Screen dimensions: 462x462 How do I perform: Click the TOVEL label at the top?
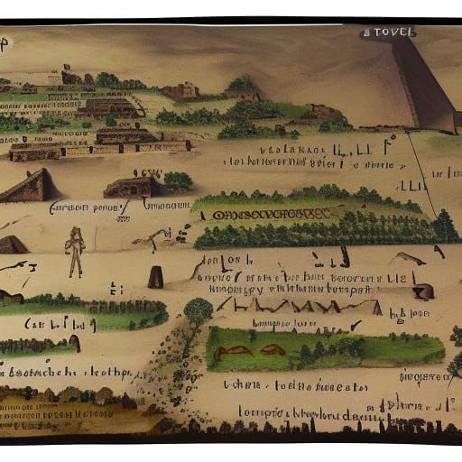coord(389,32)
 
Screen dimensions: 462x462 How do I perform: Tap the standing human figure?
coord(76,251)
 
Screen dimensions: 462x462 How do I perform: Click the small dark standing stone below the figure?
coord(155,276)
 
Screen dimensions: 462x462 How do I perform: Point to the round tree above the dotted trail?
coord(198,312)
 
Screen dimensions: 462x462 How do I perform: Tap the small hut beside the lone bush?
coord(132,187)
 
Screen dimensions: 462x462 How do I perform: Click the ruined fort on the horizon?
coord(180,90)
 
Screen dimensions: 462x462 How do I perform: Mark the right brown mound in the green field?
coord(272,350)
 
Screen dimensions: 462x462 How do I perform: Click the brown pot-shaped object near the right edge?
coord(422,291)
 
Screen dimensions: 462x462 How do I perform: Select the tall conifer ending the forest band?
coord(444,226)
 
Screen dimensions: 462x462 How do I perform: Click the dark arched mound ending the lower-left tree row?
coord(74,343)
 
